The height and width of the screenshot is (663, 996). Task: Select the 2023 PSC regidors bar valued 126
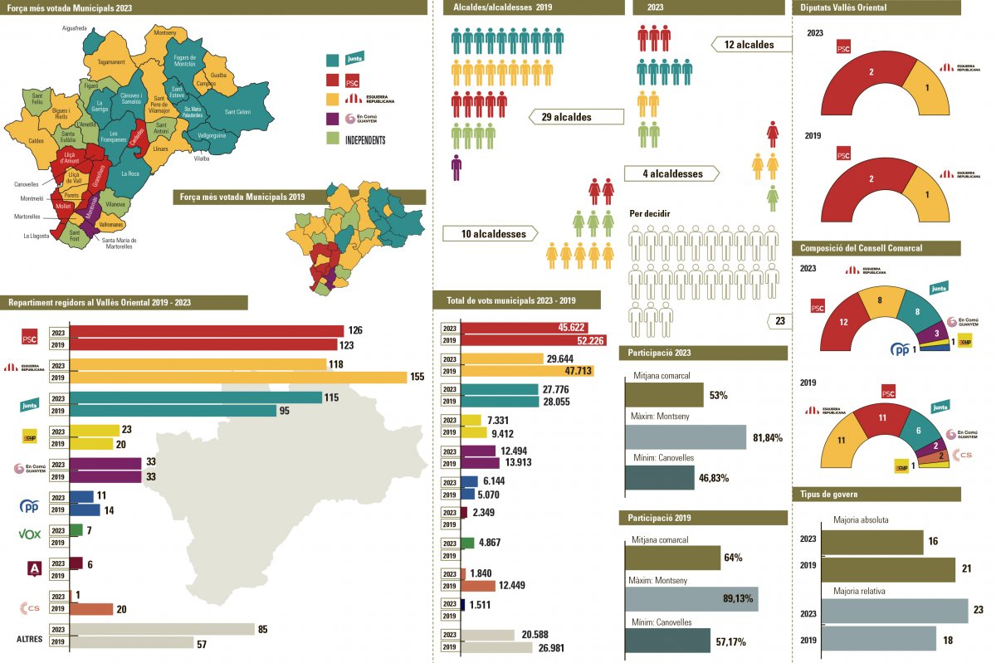[207, 331]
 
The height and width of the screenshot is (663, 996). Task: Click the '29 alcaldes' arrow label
[566, 117]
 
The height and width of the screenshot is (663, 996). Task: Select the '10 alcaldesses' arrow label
[494, 234]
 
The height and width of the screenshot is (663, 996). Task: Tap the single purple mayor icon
[456, 167]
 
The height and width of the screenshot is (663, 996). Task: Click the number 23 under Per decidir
[779, 321]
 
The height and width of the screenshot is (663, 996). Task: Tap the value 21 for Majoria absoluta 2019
[966, 569]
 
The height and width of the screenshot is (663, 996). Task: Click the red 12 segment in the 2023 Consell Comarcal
[843, 321]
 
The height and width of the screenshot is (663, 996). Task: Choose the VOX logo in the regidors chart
[29, 534]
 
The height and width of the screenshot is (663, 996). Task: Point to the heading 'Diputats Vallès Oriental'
[843, 7]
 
